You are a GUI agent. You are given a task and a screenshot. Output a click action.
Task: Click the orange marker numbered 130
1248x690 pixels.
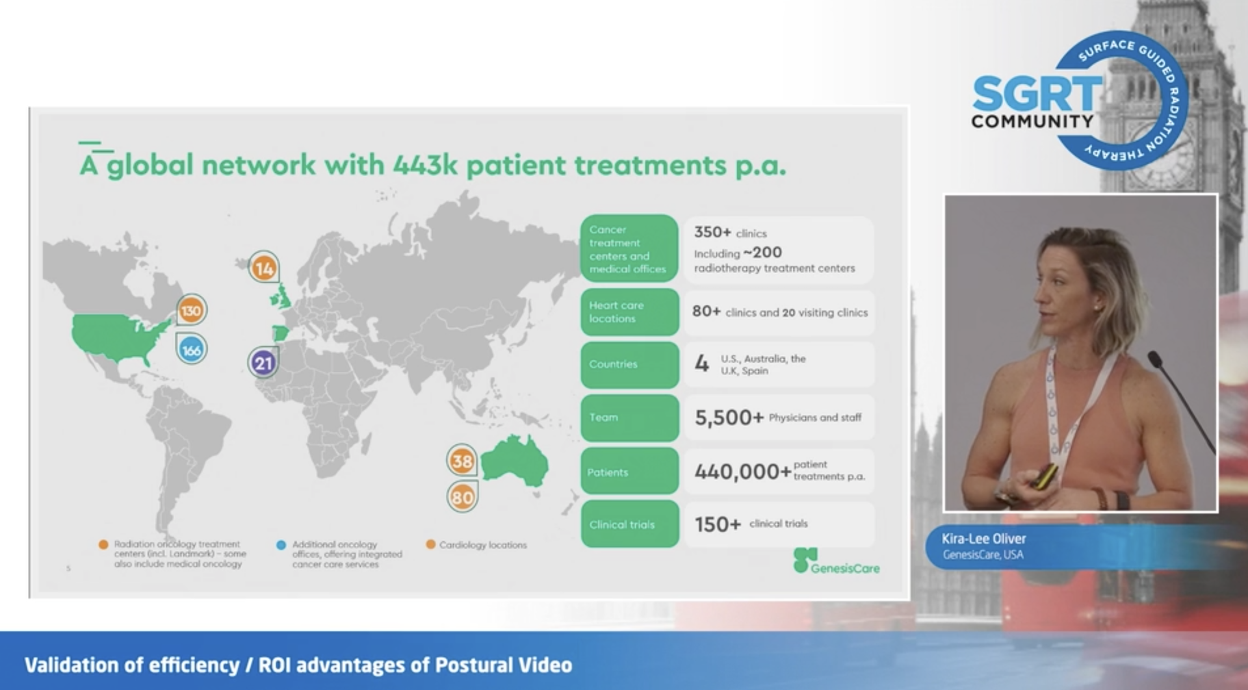(x=191, y=311)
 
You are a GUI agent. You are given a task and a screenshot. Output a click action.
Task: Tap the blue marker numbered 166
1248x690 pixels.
(x=191, y=350)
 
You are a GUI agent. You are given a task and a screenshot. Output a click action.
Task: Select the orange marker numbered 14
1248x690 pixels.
(x=264, y=268)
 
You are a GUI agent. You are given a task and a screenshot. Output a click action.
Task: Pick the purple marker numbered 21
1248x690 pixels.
(x=263, y=363)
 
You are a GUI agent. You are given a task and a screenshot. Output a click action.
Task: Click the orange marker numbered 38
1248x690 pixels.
(x=462, y=461)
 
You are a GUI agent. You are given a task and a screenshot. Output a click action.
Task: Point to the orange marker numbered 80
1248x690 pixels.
(x=462, y=498)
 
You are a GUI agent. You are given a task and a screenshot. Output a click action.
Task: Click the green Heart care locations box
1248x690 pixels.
(x=629, y=313)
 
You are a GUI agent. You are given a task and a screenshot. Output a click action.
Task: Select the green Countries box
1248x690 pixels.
(x=629, y=364)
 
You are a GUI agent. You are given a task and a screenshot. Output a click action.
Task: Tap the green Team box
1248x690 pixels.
(x=629, y=418)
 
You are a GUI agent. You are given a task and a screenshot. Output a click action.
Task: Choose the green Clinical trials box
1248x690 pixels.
(x=629, y=524)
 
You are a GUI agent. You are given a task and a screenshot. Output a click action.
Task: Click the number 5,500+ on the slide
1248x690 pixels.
(x=729, y=418)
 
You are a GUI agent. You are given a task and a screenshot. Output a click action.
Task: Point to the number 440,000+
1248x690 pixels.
(x=743, y=471)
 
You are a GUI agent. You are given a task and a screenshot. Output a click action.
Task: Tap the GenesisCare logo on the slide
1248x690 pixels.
(x=837, y=561)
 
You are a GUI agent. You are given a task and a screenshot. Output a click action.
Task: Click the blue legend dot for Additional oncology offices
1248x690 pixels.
(x=281, y=545)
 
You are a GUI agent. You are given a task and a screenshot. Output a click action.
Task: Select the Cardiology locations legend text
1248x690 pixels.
(x=483, y=545)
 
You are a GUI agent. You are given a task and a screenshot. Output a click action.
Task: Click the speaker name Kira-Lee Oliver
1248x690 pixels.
(x=983, y=539)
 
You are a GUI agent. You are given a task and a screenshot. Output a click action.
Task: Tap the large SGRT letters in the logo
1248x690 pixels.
(x=1037, y=94)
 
